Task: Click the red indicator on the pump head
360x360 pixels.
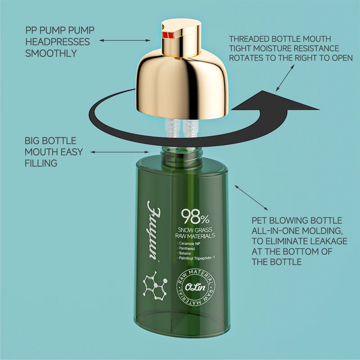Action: [168, 35]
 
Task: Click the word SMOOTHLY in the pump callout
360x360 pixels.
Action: [51, 53]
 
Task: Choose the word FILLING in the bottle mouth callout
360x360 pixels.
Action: [41, 163]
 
